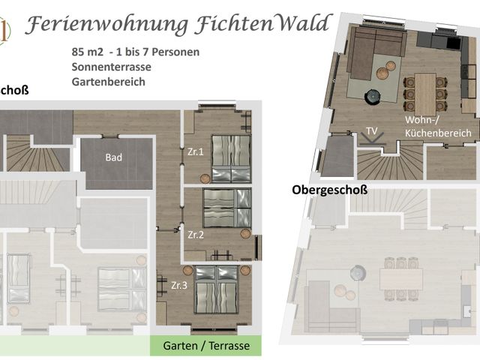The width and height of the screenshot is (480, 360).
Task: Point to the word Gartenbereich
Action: click(108, 82)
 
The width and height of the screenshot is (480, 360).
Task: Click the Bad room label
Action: click(115, 157)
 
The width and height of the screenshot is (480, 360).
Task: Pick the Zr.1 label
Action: click(196, 152)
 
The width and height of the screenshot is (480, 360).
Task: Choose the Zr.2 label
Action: click(196, 234)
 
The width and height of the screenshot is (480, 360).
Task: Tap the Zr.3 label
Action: click(180, 285)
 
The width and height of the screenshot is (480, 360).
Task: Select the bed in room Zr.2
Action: click(227, 208)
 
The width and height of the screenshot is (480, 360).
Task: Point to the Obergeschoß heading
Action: click(329, 190)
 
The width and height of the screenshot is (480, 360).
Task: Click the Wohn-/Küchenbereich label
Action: click(438, 126)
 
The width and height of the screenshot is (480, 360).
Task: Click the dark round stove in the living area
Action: click(372, 96)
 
